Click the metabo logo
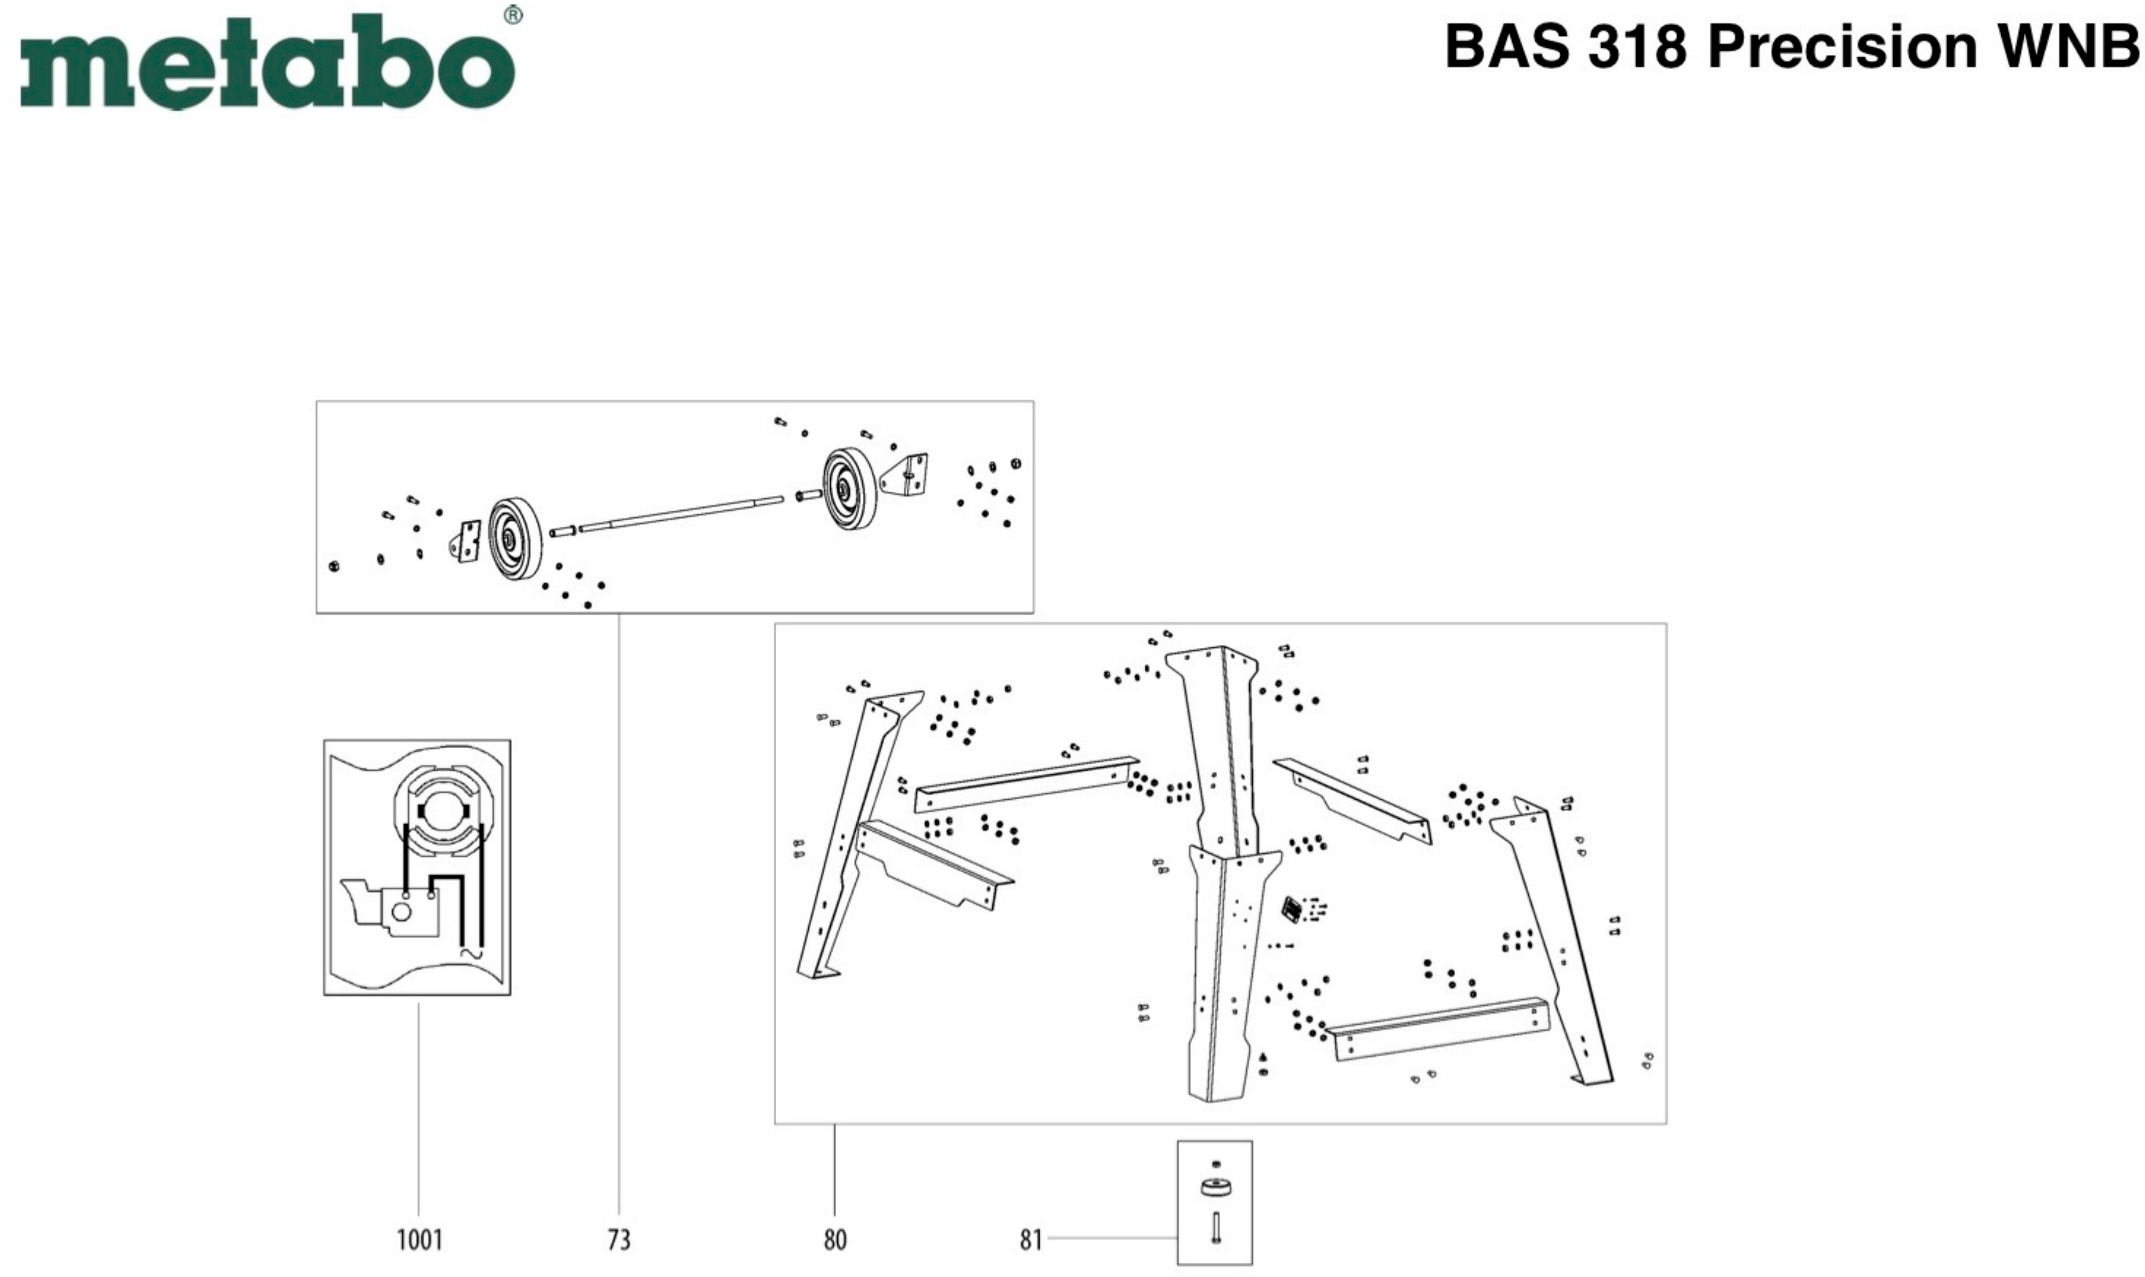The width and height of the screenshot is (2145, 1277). coord(267,62)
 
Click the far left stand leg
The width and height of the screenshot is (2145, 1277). coord(847,835)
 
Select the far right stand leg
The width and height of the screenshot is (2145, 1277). coord(1557,938)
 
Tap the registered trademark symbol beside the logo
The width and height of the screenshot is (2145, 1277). coord(513,15)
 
